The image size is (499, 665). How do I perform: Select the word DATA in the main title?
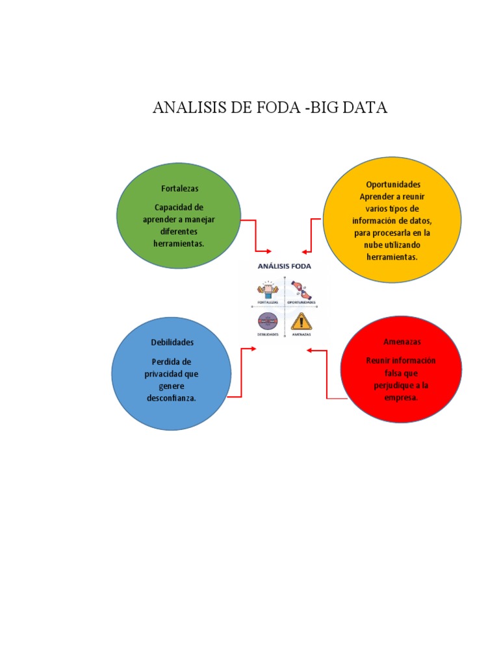365,108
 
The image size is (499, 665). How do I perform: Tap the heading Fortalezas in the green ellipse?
180,188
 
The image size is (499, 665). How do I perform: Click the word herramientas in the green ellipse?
177,244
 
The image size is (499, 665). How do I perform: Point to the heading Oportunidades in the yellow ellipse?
393,184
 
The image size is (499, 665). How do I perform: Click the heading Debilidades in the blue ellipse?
172,342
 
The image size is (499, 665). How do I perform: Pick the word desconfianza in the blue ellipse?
171,398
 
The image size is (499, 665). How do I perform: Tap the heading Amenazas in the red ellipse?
402,342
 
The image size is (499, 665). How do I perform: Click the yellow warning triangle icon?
301,321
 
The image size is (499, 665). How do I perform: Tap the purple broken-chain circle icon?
267,321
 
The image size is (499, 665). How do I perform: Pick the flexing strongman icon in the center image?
267,290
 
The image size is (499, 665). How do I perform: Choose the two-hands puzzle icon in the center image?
301,289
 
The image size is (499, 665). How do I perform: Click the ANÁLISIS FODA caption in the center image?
285,266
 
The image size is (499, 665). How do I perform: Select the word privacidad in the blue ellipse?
171,374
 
